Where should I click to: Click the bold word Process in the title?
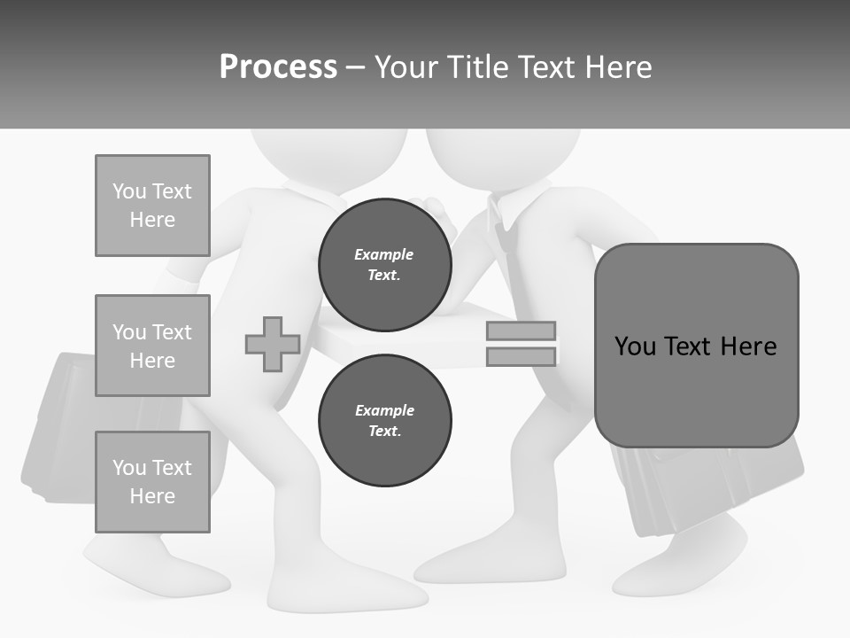tap(278, 67)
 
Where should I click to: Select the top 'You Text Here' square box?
tap(152, 206)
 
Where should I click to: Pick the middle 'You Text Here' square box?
tap(152, 346)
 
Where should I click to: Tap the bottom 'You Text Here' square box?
tap(152, 482)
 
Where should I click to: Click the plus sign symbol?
tap(273, 344)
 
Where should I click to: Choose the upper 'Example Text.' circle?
tap(384, 265)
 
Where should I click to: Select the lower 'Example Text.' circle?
tap(384, 421)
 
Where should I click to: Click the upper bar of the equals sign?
tap(522, 331)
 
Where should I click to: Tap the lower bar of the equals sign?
tap(522, 356)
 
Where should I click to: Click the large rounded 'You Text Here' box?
tap(696, 346)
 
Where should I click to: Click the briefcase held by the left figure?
tap(62, 425)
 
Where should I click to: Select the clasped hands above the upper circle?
tap(436, 213)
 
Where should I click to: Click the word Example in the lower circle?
tap(384, 410)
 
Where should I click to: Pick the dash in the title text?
tap(356, 67)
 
